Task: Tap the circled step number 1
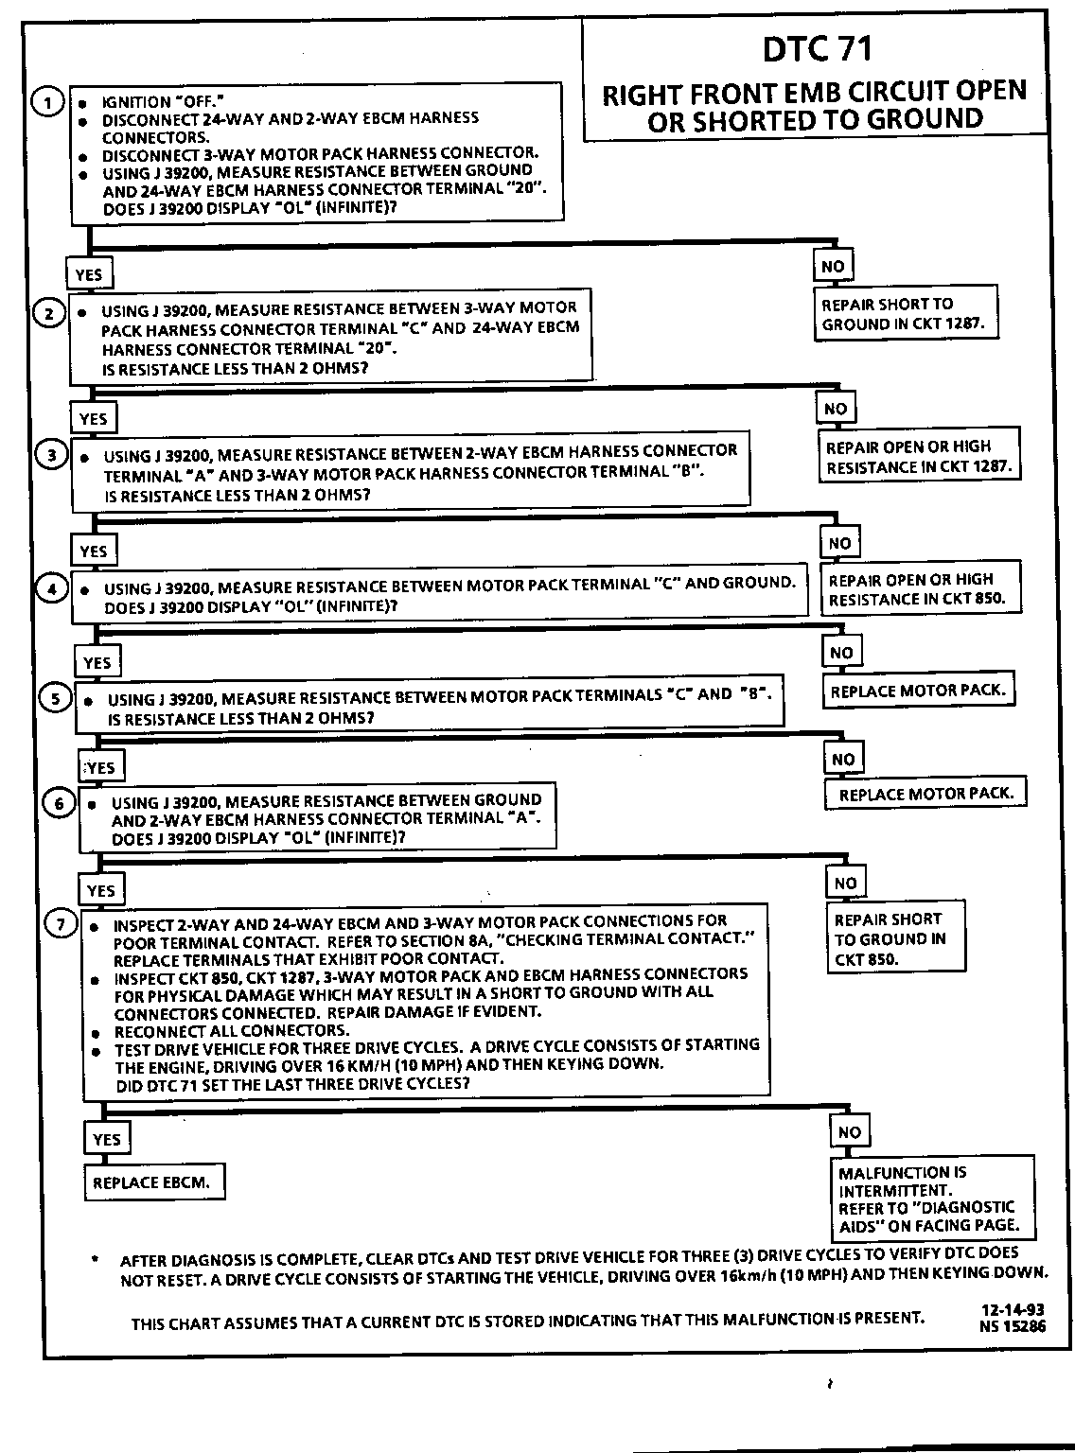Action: (x=47, y=101)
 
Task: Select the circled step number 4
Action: (x=53, y=588)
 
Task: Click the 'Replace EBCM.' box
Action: (x=153, y=1182)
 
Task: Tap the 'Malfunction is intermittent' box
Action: (x=930, y=1199)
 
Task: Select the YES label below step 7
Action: (x=107, y=1139)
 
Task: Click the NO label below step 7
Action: (x=850, y=1132)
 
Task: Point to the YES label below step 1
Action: (x=89, y=274)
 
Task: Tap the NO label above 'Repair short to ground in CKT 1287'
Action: (x=833, y=266)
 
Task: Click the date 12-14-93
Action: (x=1013, y=1310)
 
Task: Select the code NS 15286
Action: (x=1013, y=1325)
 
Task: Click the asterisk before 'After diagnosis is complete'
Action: (x=95, y=1260)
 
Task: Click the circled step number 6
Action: (x=59, y=803)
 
